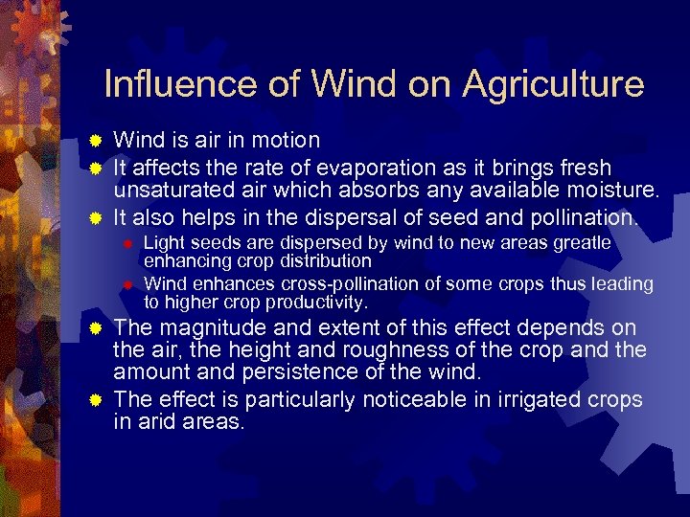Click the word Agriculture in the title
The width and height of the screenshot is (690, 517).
coord(553,84)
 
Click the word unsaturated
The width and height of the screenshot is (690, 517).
coord(167,191)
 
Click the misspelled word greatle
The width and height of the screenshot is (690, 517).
coord(577,243)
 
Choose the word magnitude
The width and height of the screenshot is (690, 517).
coord(203,328)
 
